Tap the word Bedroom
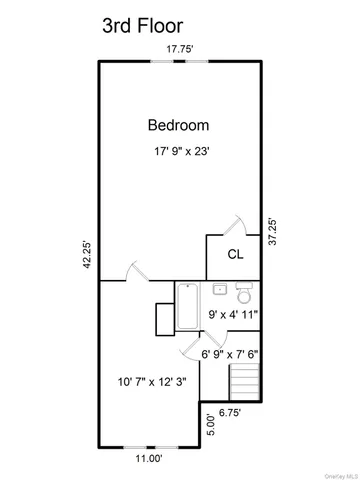tap(178, 125)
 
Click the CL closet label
tap(236, 254)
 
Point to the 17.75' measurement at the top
tap(180, 47)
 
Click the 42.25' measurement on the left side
tap(87, 255)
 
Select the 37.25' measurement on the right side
tap(271, 233)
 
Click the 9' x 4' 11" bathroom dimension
tap(233, 316)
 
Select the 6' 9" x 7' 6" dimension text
tap(229, 353)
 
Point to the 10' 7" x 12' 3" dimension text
tap(150, 381)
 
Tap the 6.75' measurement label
tap(230, 411)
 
